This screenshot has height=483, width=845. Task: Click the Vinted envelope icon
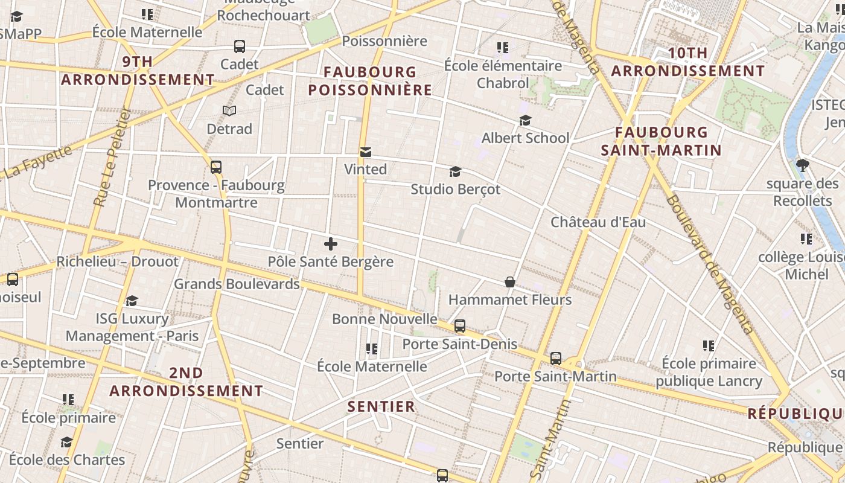click(366, 152)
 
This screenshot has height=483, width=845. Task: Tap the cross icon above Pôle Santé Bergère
click(330, 244)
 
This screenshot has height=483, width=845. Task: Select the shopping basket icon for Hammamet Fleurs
click(510, 282)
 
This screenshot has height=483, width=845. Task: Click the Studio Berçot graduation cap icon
click(455, 172)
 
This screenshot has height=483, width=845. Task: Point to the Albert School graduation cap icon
click(525, 121)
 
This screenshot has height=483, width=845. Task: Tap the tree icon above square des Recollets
click(803, 165)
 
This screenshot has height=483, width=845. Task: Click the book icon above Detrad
click(229, 110)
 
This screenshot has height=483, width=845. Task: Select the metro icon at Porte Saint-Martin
click(556, 359)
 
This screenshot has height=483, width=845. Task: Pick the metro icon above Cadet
click(240, 46)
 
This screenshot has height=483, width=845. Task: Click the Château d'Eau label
click(598, 222)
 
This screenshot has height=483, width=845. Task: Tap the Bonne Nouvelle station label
click(384, 319)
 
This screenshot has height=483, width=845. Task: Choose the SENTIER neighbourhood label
click(381, 406)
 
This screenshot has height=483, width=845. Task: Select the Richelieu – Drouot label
click(118, 262)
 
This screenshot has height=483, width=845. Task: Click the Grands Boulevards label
click(237, 284)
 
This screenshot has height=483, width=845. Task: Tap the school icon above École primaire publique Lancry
click(709, 346)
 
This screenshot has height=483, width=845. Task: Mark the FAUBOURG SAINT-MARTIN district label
click(662, 141)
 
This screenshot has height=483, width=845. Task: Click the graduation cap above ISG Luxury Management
click(132, 301)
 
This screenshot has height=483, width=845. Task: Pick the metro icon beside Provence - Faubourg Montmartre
click(216, 167)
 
